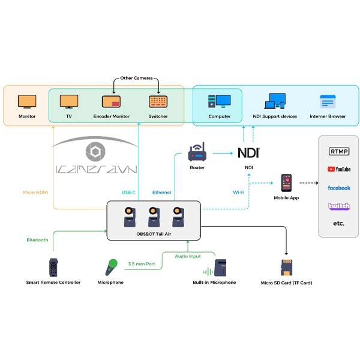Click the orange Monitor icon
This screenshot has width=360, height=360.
(27, 101)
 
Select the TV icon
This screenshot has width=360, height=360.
(69, 101)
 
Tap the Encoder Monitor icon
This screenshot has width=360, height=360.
(112, 101)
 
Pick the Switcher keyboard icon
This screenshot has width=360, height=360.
(158, 101)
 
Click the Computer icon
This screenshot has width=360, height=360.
(219, 101)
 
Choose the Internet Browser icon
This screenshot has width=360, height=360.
(328, 101)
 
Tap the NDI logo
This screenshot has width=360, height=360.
(248, 152)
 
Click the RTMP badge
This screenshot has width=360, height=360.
(339, 151)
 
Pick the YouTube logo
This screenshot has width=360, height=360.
(339, 169)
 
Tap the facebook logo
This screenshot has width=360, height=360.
(339, 188)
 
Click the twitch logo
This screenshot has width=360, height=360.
(339, 206)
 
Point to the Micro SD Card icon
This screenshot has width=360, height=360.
(286, 267)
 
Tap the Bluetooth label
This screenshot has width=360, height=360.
(37, 240)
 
